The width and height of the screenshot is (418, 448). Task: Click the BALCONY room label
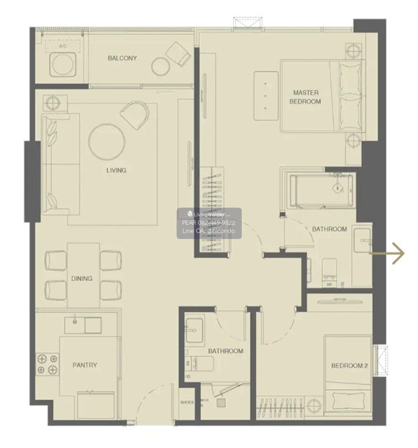[122, 58]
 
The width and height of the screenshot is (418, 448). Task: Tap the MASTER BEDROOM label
[305, 97]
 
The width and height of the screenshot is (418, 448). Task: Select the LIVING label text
[116, 170]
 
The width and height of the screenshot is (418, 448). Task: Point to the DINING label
[82, 279]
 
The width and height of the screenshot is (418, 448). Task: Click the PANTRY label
[85, 365]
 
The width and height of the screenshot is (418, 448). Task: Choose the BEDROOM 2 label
[349, 366]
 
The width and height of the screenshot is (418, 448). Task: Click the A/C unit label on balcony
[63, 46]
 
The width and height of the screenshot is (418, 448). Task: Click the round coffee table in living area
[107, 142]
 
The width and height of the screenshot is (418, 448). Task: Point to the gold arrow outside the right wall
[386, 253]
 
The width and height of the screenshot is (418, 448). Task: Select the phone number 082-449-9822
[217, 223]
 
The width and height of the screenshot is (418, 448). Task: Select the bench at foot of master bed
[266, 96]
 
